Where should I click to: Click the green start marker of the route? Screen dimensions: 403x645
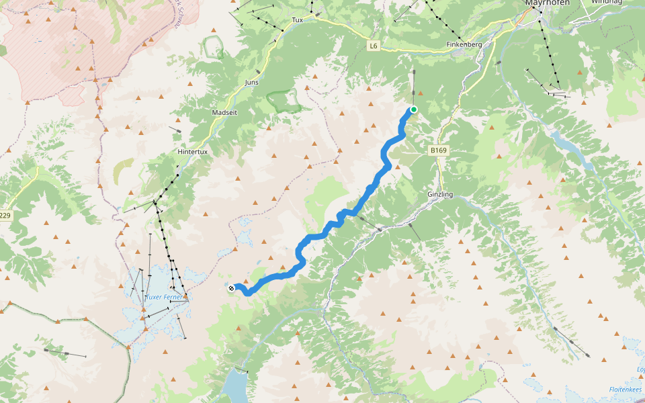414,109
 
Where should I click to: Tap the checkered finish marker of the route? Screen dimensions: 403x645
231,288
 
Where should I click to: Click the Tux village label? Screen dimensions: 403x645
298,20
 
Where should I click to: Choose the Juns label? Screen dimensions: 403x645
252,82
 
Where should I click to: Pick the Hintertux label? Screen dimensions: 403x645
193,152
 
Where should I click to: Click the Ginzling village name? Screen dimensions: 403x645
440,194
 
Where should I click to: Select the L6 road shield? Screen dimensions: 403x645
374,45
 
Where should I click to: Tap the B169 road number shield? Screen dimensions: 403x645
438,151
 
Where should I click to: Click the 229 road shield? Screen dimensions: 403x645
5,215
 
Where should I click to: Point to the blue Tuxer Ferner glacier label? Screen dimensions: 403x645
165,296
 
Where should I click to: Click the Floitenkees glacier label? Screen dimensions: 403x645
624,389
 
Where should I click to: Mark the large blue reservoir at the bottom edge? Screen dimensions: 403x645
235,386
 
